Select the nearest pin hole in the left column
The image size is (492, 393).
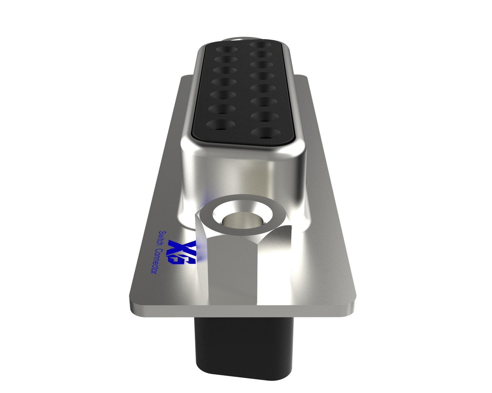click(x=220, y=125)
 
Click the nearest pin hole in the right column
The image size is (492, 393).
click(x=266, y=132)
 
